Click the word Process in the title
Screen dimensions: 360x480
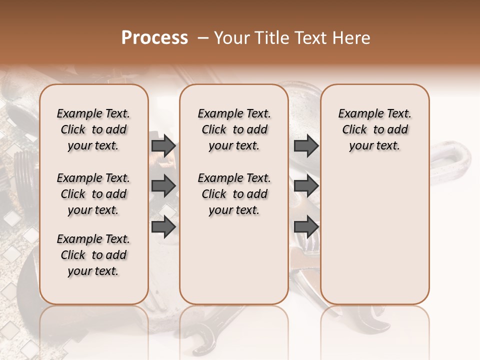pyautogui.click(x=154, y=38)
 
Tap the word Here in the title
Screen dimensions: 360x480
pyautogui.click(x=352, y=38)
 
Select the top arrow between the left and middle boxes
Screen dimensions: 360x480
pyautogui.click(x=163, y=146)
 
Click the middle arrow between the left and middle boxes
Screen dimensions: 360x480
pyautogui.click(x=163, y=186)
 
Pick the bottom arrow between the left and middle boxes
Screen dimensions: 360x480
pyautogui.click(x=163, y=226)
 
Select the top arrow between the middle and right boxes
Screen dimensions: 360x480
pyautogui.click(x=306, y=146)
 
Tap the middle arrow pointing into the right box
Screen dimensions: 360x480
pyautogui.click(x=306, y=186)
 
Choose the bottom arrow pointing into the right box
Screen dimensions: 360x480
pyautogui.click(x=306, y=226)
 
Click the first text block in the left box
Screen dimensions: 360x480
pyautogui.click(x=93, y=129)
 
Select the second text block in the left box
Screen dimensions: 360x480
pyautogui.click(x=93, y=194)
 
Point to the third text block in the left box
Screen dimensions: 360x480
pyautogui.click(x=93, y=255)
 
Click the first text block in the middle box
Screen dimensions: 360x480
pyautogui.click(x=234, y=129)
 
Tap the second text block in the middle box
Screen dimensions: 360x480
pyautogui.click(x=234, y=194)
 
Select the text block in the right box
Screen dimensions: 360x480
pyautogui.click(x=374, y=129)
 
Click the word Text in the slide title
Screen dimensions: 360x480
pyautogui.click(x=312, y=38)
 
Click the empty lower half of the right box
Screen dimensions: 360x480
pyautogui.click(x=374, y=240)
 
